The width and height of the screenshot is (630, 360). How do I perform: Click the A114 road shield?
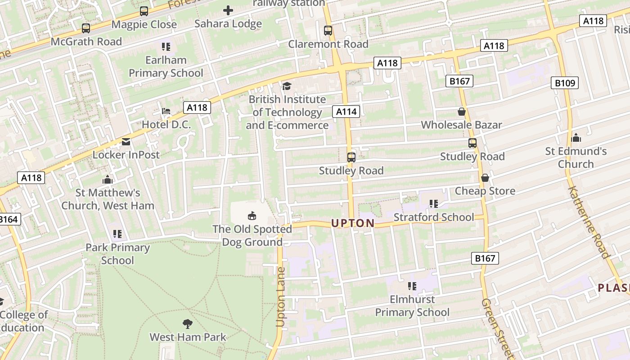point(346,111)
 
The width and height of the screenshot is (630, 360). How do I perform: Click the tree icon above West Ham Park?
point(188,324)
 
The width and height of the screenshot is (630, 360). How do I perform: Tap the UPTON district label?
point(353,223)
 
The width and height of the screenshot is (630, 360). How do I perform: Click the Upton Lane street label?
point(281,297)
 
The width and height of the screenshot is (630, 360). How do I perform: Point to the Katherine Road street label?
point(588,222)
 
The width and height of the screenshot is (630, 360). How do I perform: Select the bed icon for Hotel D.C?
point(166,111)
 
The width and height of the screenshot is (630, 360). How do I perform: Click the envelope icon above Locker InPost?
point(126,142)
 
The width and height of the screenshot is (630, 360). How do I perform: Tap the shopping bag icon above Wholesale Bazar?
point(461,112)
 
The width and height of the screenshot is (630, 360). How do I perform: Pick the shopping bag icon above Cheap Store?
point(485,178)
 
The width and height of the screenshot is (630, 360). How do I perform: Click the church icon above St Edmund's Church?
point(576,138)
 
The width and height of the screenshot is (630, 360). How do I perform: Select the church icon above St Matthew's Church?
point(107,180)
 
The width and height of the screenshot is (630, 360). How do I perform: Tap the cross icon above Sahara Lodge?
point(228,10)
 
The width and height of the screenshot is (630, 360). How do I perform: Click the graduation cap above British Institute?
point(287,86)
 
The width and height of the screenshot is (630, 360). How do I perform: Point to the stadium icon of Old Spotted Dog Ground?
point(252,216)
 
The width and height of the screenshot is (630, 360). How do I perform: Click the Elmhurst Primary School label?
point(412,306)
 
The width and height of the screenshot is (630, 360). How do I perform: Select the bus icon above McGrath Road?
point(86,28)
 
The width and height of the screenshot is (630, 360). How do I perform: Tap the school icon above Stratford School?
point(433,204)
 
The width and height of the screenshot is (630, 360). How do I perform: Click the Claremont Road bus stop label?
point(328,44)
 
